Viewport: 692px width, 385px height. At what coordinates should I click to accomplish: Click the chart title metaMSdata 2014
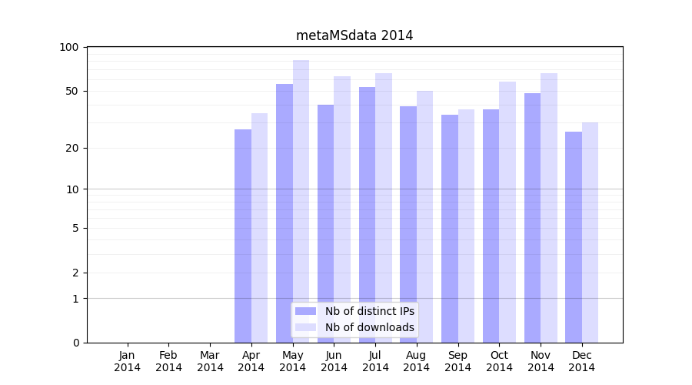pos(354,35)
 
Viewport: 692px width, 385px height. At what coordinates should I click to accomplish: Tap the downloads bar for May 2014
pos(301,201)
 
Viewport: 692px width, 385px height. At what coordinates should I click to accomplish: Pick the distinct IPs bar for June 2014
pos(325,223)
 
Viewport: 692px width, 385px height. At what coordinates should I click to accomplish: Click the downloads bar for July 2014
pos(384,208)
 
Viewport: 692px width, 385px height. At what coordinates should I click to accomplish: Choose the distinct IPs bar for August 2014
pos(408,224)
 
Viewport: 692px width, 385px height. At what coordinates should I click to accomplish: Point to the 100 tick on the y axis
pos(69,47)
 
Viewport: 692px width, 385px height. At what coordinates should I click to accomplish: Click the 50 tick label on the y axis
pos(72,91)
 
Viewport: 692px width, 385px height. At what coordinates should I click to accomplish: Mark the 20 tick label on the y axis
pos(72,148)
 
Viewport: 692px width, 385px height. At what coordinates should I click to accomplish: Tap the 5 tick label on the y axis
pos(75,228)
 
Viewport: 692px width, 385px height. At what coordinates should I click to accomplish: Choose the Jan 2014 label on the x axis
pos(128,361)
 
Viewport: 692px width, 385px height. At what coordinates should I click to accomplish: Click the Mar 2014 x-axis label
pos(210,361)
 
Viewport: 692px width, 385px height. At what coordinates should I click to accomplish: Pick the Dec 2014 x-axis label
pos(581,361)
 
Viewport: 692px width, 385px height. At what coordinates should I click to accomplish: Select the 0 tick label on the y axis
pos(75,343)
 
